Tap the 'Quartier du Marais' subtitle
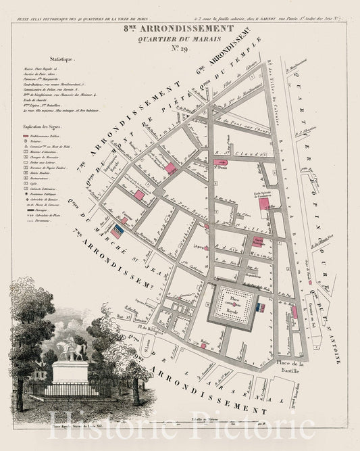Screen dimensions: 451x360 (x=180, y=40)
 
